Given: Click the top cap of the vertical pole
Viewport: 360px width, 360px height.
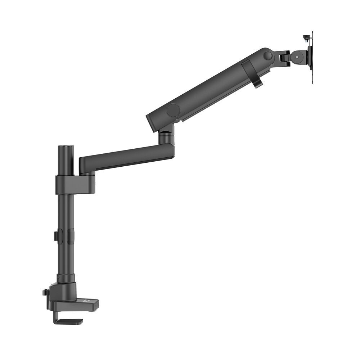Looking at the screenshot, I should (x=66, y=147).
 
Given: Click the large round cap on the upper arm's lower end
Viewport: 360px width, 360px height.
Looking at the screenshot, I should (x=173, y=110).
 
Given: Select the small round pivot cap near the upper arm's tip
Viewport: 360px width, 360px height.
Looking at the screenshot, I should (x=267, y=56).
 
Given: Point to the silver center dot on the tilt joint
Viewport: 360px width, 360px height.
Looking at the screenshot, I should (x=297, y=57).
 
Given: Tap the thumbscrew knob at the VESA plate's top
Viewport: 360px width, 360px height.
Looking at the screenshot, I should (x=306, y=37).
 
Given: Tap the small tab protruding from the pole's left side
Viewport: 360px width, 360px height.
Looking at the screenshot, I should (x=55, y=236).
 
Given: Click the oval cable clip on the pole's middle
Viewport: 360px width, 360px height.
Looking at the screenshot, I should (x=70, y=236).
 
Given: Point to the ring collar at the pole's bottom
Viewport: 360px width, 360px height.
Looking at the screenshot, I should (x=66, y=278).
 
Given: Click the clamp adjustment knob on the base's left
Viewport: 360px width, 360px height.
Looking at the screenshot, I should (x=45, y=292).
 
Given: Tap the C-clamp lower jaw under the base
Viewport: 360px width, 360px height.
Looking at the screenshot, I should (x=68, y=320).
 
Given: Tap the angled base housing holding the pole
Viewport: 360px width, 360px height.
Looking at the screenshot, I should (x=63, y=291).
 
